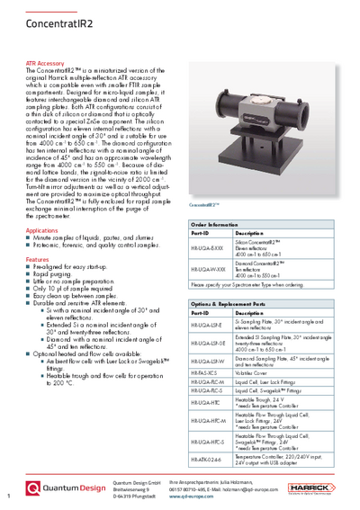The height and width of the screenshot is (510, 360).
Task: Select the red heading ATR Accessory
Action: tap(45, 63)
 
